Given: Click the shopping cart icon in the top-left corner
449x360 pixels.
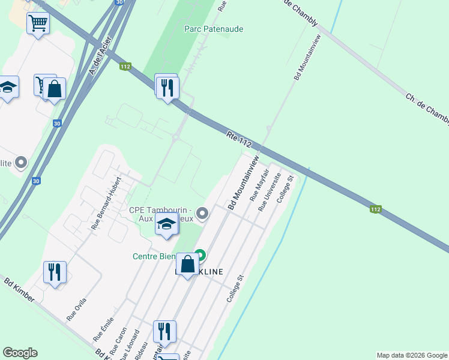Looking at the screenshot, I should (x=38, y=23).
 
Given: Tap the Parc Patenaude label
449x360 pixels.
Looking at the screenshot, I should (x=214, y=29).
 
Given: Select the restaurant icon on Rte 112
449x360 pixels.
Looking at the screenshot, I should (x=167, y=88).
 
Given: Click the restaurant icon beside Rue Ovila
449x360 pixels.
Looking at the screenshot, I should (x=55, y=272).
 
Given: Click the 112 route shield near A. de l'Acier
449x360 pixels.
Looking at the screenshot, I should (x=125, y=67).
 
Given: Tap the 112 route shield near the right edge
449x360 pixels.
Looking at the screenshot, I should (x=375, y=209).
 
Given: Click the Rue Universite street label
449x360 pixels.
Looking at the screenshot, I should (x=270, y=192).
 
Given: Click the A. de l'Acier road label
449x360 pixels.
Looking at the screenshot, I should (x=96, y=62).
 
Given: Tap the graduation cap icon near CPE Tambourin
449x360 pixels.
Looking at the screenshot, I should (x=166, y=224).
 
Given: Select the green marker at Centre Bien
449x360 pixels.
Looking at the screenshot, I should (x=200, y=256).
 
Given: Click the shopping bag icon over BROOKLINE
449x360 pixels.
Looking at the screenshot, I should (x=187, y=264).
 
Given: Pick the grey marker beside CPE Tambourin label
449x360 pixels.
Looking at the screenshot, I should (x=203, y=213).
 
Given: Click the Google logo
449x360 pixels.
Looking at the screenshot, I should (x=20, y=353).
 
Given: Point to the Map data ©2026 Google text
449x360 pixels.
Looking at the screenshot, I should (x=412, y=355).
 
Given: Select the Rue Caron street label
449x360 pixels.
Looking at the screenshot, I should (x=121, y=338).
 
